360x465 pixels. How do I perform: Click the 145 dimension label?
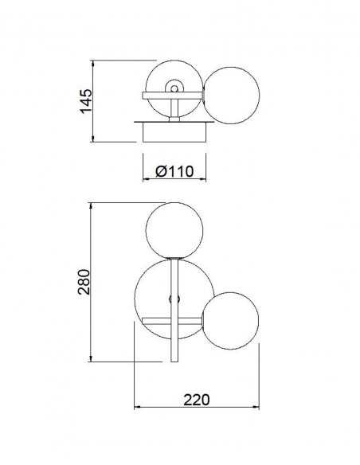(86, 101)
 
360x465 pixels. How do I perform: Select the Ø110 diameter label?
(174, 171)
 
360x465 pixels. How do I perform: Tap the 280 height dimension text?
(84, 282)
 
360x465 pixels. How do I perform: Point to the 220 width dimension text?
(196, 400)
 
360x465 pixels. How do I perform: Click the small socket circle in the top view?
(174, 88)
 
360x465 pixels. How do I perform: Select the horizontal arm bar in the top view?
(172, 96)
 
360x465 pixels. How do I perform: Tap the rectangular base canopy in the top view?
(174, 132)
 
